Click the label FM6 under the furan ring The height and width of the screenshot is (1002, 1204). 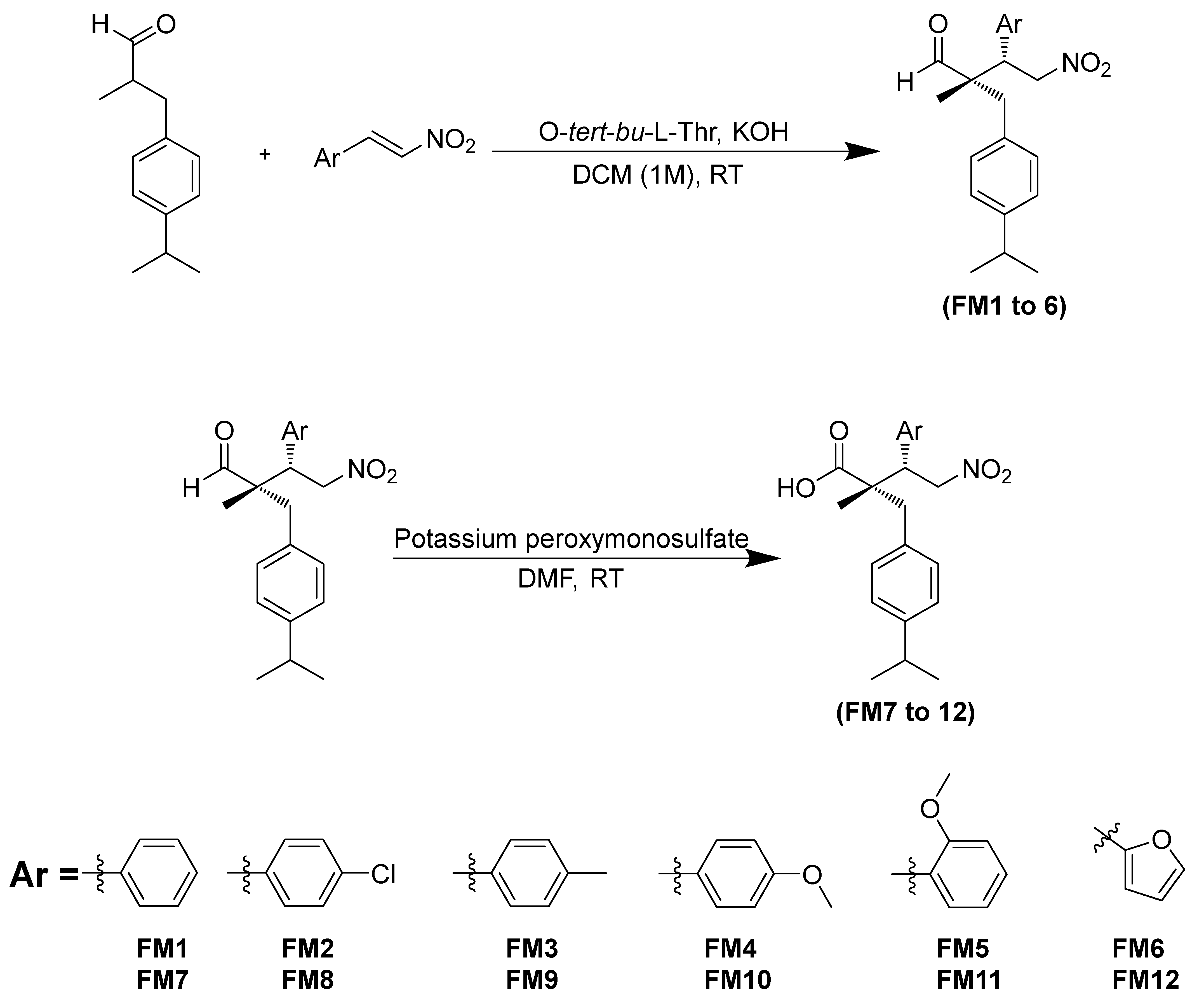pos(1138,948)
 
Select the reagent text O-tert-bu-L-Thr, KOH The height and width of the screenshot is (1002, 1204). pos(663,132)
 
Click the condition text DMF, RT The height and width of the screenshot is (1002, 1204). pos(570,579)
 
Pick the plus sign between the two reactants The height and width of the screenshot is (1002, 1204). pos(265,154)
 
